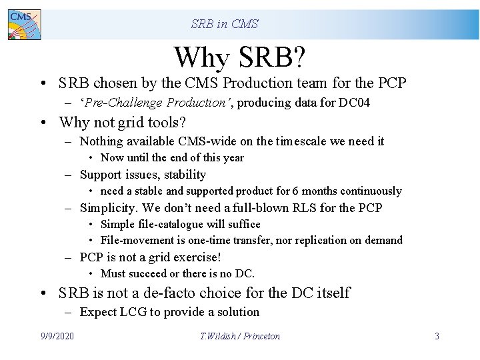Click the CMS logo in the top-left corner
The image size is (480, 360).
point(24,24)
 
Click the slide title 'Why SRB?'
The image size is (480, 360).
point(240,57)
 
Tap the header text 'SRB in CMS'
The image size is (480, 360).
point(225,24)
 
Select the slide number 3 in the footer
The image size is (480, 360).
point(437,336)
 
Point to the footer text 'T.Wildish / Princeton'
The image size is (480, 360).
point(240,336)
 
